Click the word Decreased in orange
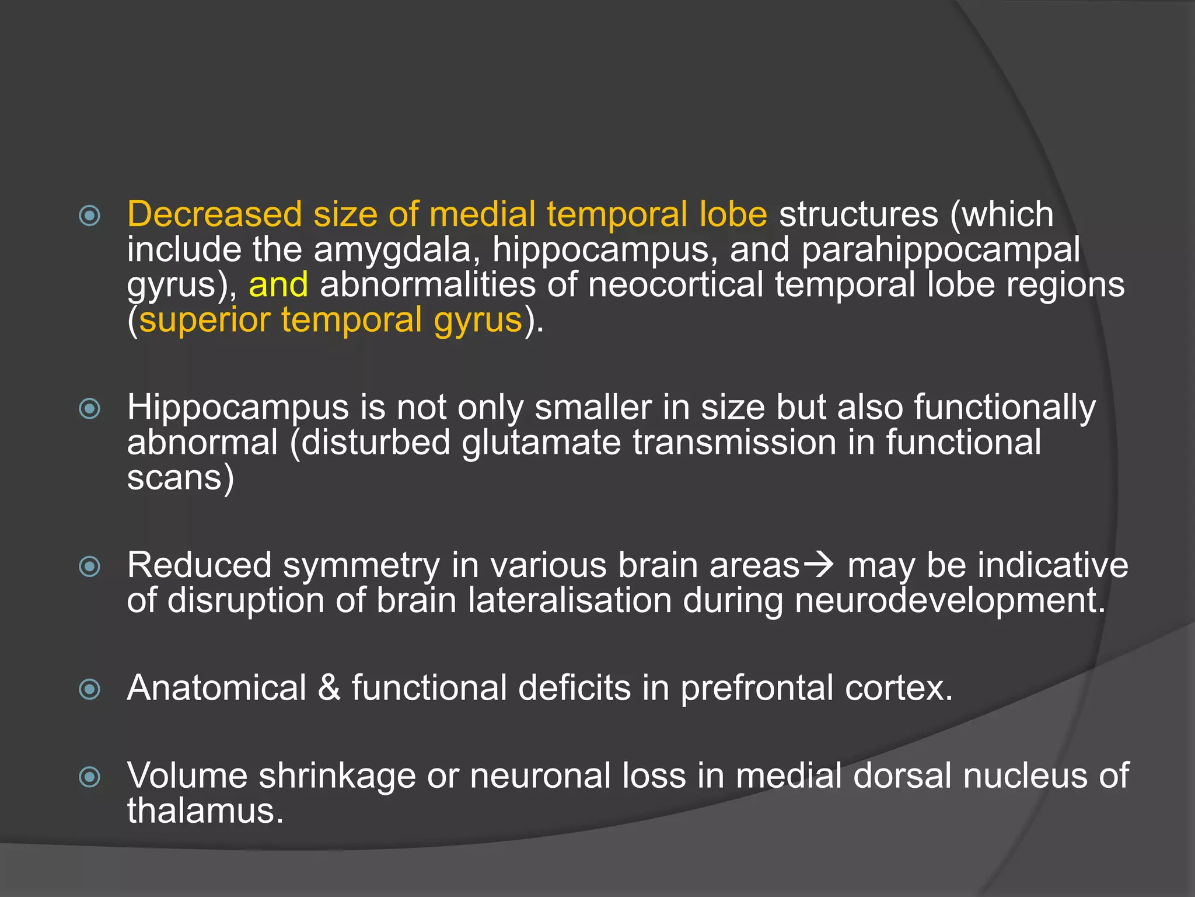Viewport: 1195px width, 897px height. coord(214,214)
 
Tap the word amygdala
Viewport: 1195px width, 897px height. coord(393,251)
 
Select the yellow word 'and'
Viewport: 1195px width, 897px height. coord(278,285)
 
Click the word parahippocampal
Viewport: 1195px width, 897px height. coord(941,251)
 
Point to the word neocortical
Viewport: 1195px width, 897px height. coord(675,285)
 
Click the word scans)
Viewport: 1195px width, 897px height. coord(181,478)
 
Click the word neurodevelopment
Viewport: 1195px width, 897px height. coord(949,600)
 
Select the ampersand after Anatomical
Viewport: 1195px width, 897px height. coord(329,688)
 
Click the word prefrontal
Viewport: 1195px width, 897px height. coord(756,688)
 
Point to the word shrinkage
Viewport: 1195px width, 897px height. coord(337,776)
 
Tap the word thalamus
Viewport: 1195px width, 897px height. coord(205,811)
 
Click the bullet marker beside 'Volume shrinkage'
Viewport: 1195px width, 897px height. coord(90,777)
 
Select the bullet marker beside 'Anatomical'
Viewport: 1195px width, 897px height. coord(90,689)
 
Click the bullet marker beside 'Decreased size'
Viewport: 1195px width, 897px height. coord(90,216)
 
